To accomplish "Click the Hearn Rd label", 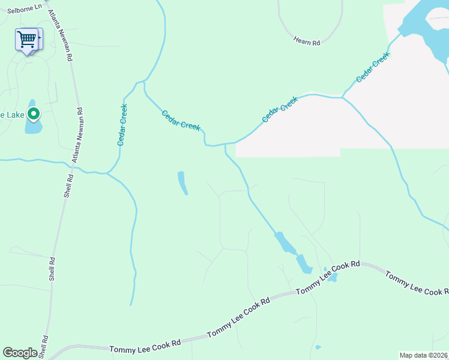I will (x=307, y=41).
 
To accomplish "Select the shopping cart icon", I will (x=27, y=40).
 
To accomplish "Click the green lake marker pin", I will (x=34, y=113).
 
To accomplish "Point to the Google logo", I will (x=20, y=353).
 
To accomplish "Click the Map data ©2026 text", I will (x=423, y=355).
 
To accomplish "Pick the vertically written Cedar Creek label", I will (x=122, y=125).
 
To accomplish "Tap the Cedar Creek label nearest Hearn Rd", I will (x=373, y=67).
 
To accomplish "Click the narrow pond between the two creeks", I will (x=182, y=183).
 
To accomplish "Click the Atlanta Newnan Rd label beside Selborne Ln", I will (x=60, y=35).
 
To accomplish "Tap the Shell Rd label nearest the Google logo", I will (x=43, y=347).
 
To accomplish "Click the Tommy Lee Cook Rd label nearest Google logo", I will (x=145, y=347).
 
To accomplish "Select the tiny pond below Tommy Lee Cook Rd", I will (x=318, y=347).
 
